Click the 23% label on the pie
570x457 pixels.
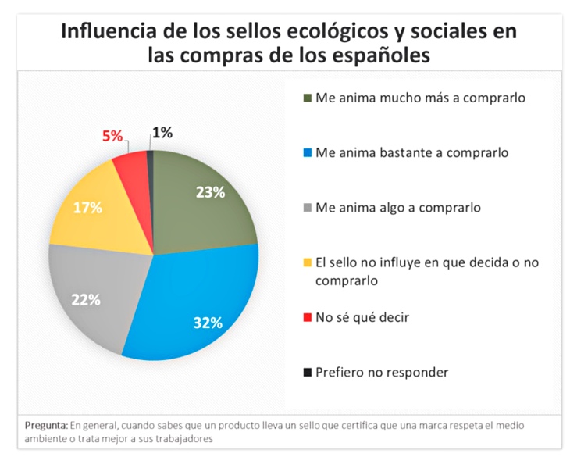[x=210, y=192]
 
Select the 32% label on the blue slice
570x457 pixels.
[x=208, y=322]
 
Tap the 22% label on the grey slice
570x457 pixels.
[x=87, y=299]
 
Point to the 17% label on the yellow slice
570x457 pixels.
[x=88, y=207]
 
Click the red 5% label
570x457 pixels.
[x=112, y=135]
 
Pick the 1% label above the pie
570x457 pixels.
[x=162, y=133]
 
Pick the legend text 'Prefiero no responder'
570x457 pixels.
[x=381, y=372]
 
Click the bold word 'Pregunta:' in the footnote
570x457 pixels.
[x=46, y=425]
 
